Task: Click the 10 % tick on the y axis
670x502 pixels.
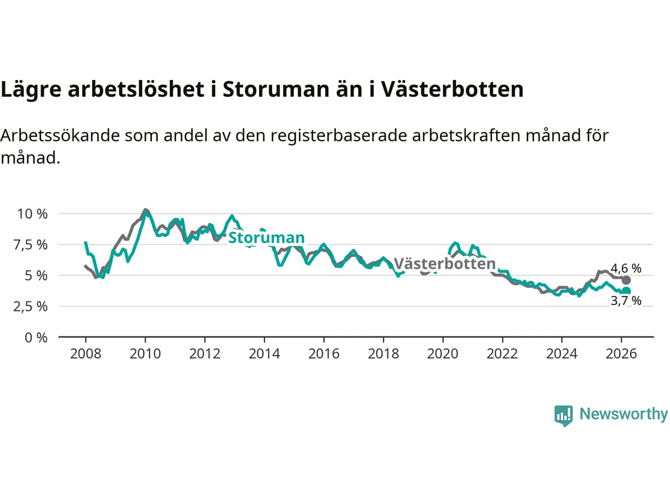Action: [x=32, y=214]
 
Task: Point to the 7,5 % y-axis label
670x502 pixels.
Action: [x=30, y=245]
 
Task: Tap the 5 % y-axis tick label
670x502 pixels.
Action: [x=36, y=276]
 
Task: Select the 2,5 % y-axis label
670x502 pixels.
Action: [x=30, y=306]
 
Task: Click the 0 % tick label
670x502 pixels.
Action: [x=36, y=338]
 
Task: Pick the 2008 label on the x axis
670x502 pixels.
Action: [x=85, y=354]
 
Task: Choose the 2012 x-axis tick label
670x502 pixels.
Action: [x=205, y=354]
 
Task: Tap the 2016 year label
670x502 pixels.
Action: [x=323, y=354]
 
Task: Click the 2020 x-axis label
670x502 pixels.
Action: [x=443, y=354]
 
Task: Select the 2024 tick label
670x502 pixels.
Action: [x=562, y=354]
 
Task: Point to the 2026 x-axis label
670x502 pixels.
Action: [x=621, y=354]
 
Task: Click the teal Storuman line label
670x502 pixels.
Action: [x=266, y=238]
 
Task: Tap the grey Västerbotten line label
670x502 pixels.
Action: [x=444, y=264]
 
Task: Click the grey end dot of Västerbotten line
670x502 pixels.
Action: [x=626, y=280]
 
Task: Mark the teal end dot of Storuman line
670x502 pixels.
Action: [x=626, y=291]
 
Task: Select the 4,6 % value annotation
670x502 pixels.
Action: [x=626, y=268]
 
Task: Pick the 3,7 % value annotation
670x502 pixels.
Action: [x=626, y=301]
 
